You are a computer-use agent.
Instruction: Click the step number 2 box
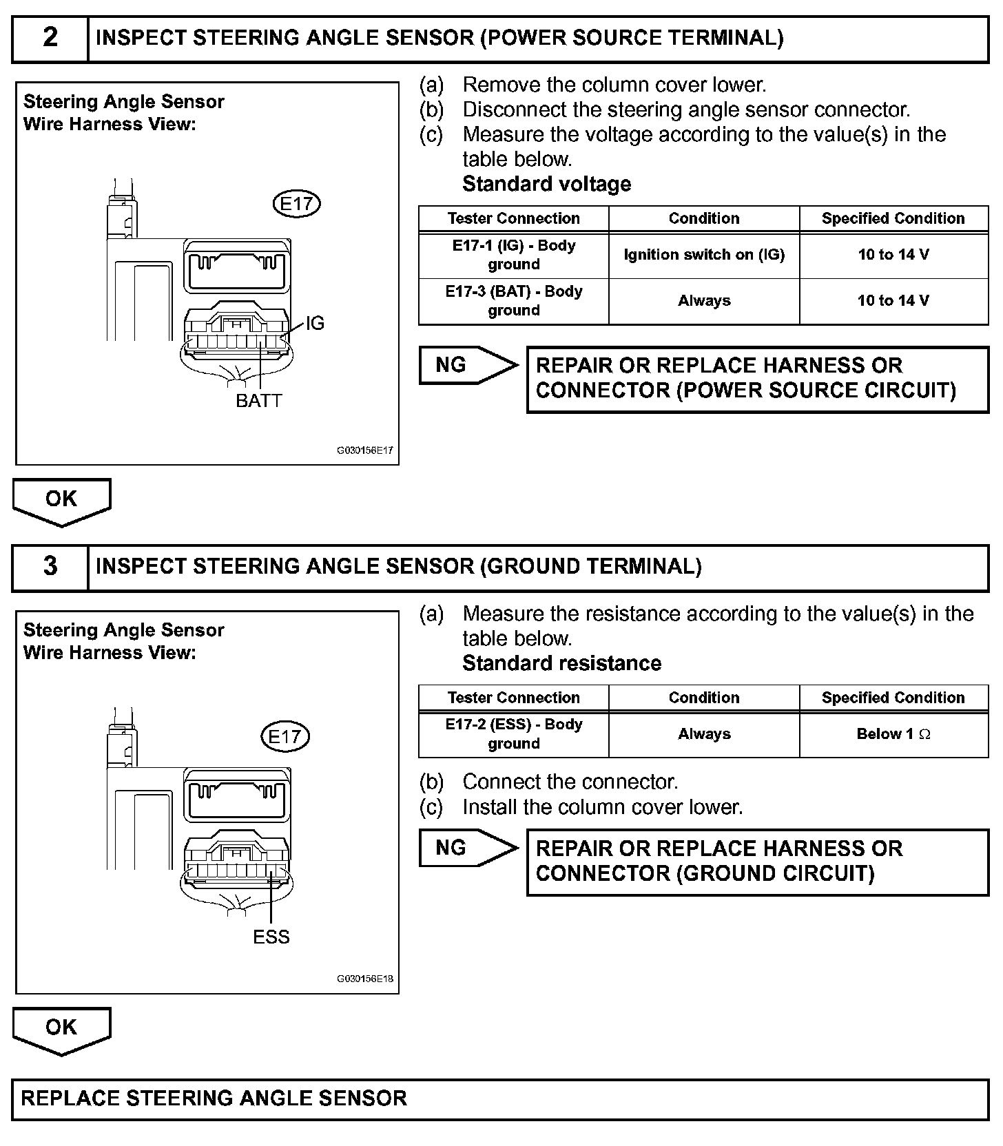click(x=50, y=39)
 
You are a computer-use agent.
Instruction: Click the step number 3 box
click(x=50, y=567)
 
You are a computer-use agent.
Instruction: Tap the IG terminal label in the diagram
click(x=315, y=323)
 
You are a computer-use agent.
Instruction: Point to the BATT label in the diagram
click(x=259, y=401)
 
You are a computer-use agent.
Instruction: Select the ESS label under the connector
click(x=271, y=937)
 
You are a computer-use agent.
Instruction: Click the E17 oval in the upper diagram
click(x=297, y=204)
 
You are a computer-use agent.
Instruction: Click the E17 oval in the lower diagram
click(x=285, y=737)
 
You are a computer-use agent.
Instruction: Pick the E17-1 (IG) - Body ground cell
click(x=514, y=255)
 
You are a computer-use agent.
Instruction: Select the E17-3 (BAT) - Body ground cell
click(x=514, y=301)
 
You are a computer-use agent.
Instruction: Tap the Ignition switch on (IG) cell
click(x=704, y=255)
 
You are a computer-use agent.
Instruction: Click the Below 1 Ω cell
click(x=893, y=734)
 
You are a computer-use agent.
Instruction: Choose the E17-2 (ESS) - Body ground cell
click(x=514, y=734)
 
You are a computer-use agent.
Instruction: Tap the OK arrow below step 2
click(x=61, y=500)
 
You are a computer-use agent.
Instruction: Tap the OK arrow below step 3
click(x=61, y=1028)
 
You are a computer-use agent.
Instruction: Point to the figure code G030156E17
click(x=365, y=451)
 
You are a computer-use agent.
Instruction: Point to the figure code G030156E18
click(x=365, y=979)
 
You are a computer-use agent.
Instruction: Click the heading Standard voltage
click(x=546, y=184)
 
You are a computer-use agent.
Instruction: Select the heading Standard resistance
click(x=561, y=663)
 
